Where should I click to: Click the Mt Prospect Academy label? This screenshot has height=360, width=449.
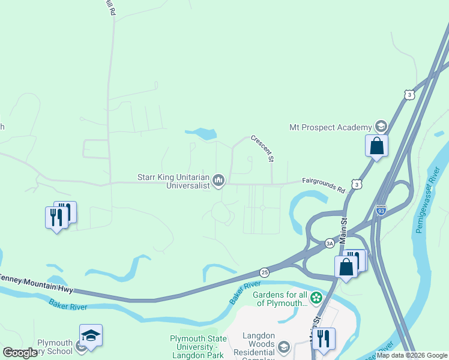[x=331, y=127]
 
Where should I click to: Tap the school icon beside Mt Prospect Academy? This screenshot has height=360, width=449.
[x=379, y=127]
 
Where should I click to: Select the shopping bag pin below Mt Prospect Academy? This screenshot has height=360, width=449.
[x=376, y=146]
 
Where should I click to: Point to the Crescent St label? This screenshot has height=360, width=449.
[x=263, y=148]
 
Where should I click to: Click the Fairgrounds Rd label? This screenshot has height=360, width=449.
[x=324, y=185]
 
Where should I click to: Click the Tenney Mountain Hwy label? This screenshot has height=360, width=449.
[x=36, y=281]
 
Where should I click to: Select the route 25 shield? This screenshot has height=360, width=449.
[x=265, y=272]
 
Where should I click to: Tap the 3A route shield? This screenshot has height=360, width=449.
[x=330, y=243]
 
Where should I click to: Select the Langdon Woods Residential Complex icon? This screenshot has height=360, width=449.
[x=283, y=346]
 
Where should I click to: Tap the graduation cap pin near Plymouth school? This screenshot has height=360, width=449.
[x=91, y=336]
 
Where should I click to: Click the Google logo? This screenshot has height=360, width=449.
[x=20, y=353]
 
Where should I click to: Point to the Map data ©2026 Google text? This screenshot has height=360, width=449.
[x=412, y=355]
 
